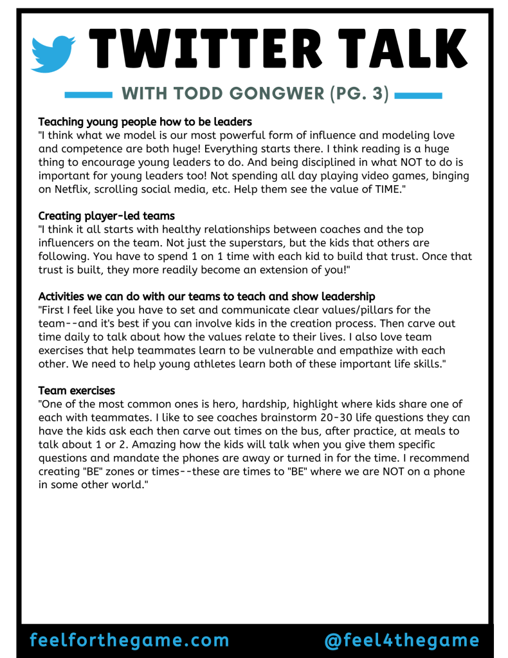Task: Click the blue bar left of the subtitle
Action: [x=89, y=95]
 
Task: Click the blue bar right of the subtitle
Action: [x=418, y=95]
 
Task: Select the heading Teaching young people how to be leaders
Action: [x=145, y=122]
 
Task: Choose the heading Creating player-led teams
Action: [x=106, y=215]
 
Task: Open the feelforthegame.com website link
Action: [x=129, y=641]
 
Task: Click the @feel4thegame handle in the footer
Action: [x=402, y=641]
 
